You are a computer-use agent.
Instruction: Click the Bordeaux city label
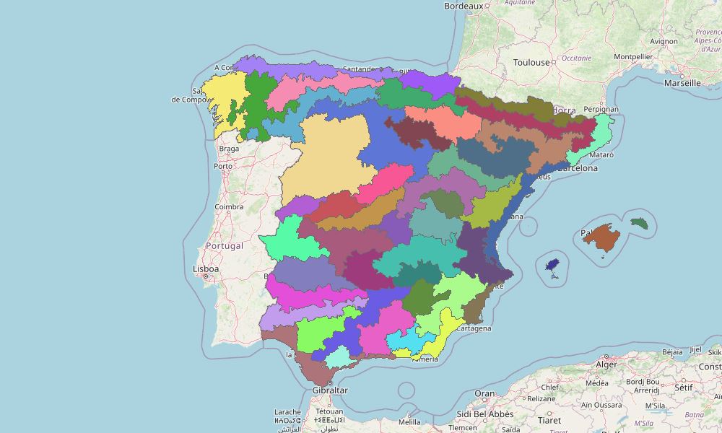tap(463, 6)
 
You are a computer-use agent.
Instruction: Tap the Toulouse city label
tap(531, 63)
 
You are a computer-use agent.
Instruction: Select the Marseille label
tap(682, 83)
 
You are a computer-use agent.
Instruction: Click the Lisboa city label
tap(206, 269)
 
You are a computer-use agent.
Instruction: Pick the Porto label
tap(223, 166)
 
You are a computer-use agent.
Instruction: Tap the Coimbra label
tap(230, 207)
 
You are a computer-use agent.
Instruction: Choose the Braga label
tap(229, 149)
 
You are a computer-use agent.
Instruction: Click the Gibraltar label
tap(330, 390)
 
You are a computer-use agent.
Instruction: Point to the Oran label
tap(484, 394)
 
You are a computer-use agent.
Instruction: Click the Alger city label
tap(607, 365)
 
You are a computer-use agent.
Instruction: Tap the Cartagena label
tap(474, 328)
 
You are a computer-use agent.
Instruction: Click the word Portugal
tap(224, 245)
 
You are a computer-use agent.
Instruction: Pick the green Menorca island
tap(640, 223)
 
